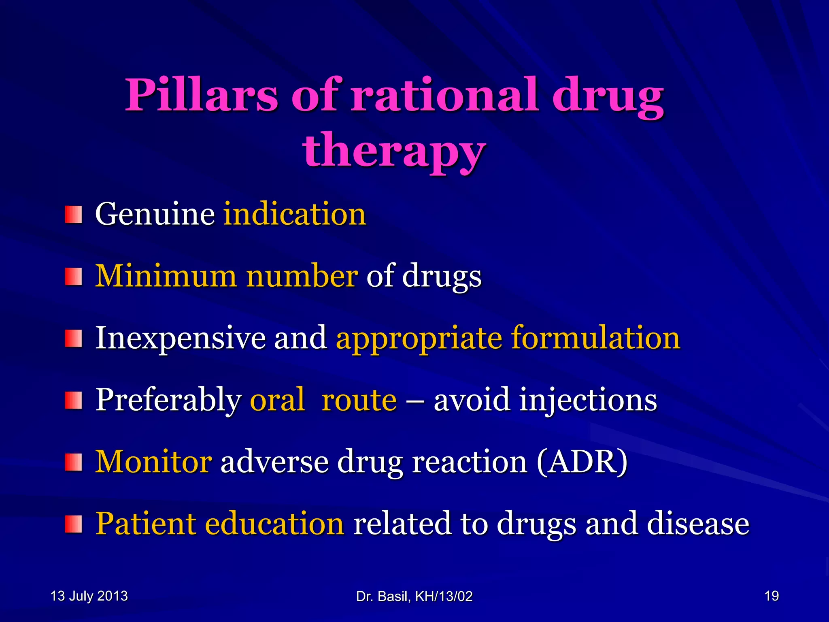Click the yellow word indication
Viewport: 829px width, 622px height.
[295, 214]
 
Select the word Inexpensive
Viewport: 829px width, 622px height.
[180, 338]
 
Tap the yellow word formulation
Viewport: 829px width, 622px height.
[595, 338]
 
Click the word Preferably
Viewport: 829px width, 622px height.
[168, 400]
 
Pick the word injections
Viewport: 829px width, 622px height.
[588, 400]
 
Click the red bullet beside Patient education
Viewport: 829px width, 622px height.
[74, 524]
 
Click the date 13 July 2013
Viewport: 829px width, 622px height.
[89, 596]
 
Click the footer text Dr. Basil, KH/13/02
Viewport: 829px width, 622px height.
[414, 596]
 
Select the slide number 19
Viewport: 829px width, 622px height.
[772, 596]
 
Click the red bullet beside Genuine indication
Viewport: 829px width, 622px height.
[74, 214]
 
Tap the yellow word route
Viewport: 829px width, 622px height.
[359, 400]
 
